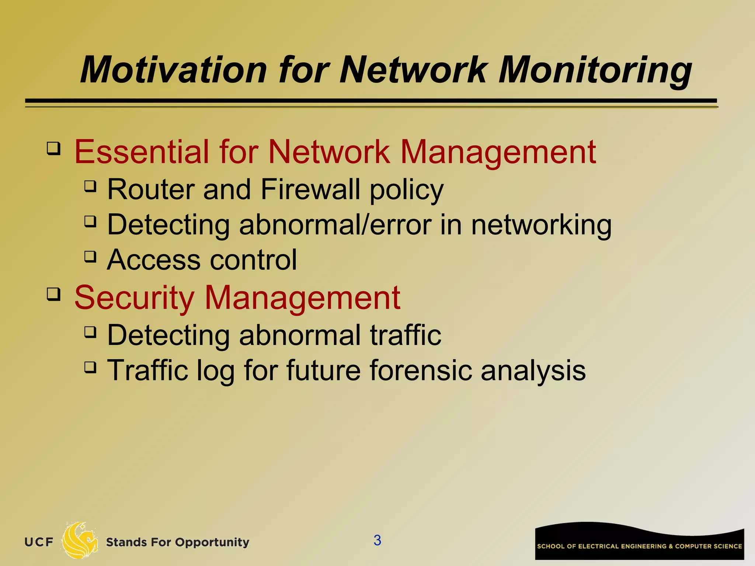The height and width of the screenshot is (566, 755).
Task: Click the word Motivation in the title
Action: pyautogui.click(x=173, y=70)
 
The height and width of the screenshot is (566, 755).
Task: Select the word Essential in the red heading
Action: pyautogui.click(x=142, y=152)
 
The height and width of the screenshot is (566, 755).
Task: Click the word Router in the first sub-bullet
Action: pyautogui.click(x=150, y=189)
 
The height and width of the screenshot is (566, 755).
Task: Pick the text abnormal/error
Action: pyautogui.click(x=335, y=225)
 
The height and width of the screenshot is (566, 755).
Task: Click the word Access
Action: pyautogui.click(x=154, y=260)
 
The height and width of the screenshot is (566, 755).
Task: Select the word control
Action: pyautogui.click(x=253, y=260)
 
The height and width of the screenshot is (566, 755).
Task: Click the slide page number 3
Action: pyautogui.click(x=377, y=540)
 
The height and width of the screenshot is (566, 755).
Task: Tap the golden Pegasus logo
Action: pyautogui.click(x=79, y=541)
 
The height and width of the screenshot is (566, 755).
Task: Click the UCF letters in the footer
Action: pyautogui.click(x=39, y=542)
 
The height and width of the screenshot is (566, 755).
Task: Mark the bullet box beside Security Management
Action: pyautogui.click(x=53, y=294)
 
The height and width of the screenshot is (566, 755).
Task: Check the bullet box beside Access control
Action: pyautogui.click(x=90, y=256)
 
